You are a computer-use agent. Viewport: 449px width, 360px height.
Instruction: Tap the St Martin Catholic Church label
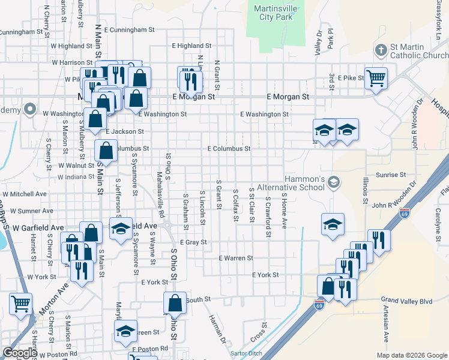pyautogui.click(x=418, y=50)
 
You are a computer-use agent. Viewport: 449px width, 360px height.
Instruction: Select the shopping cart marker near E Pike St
pyautogui.click(x=376, y=78)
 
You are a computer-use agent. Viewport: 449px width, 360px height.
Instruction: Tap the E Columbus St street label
pyautogui.click(x=229, y=148)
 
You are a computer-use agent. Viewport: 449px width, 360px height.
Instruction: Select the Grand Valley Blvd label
pyautogui.click(x=407, y=300)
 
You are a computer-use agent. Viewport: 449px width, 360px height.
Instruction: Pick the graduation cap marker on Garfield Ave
pyautogui.click(x=121, y=229)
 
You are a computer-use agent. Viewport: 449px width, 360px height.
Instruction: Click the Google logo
pyautogui.click(x=20, y=352)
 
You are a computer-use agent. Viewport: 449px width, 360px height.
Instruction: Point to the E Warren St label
pyautogui.click(x=237, y=258)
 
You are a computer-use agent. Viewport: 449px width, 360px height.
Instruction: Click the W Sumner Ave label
pyautogui.click(x=28, y=211)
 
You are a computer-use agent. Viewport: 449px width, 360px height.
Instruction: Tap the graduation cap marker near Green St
pyautogui.click(x=125, y=331)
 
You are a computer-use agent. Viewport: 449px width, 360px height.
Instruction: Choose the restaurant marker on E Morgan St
pyautogui.click(x=190, y=79)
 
